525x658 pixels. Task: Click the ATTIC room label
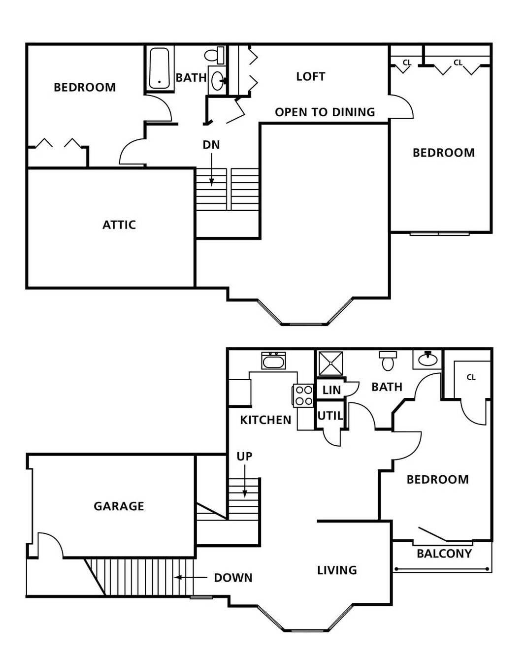pos(119,225)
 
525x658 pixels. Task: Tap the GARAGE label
pos(119,506)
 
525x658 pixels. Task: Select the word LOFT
pos(311,76)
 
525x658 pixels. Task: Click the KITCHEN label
pos(265,420)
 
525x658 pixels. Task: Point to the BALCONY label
pos(444,554)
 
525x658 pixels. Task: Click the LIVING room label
pos(337,570)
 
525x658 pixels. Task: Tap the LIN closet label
pos(331,390)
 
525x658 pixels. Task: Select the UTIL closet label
pos(330,416)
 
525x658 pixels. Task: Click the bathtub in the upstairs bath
pos(159,68)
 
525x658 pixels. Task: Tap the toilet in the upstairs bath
pos(214,55)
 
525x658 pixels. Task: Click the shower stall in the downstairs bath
pos(331,363)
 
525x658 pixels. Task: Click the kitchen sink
pos(273,361)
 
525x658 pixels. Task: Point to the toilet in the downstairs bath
pos(388,361)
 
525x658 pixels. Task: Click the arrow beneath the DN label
pos(211,170)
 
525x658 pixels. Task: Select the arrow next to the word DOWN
pos(191,577)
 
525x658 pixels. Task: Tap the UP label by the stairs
pos(244,457)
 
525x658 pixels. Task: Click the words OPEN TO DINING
pos(325,112)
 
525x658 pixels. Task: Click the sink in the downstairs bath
pos(427,360)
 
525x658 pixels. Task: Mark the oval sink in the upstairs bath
pos(217,80)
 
